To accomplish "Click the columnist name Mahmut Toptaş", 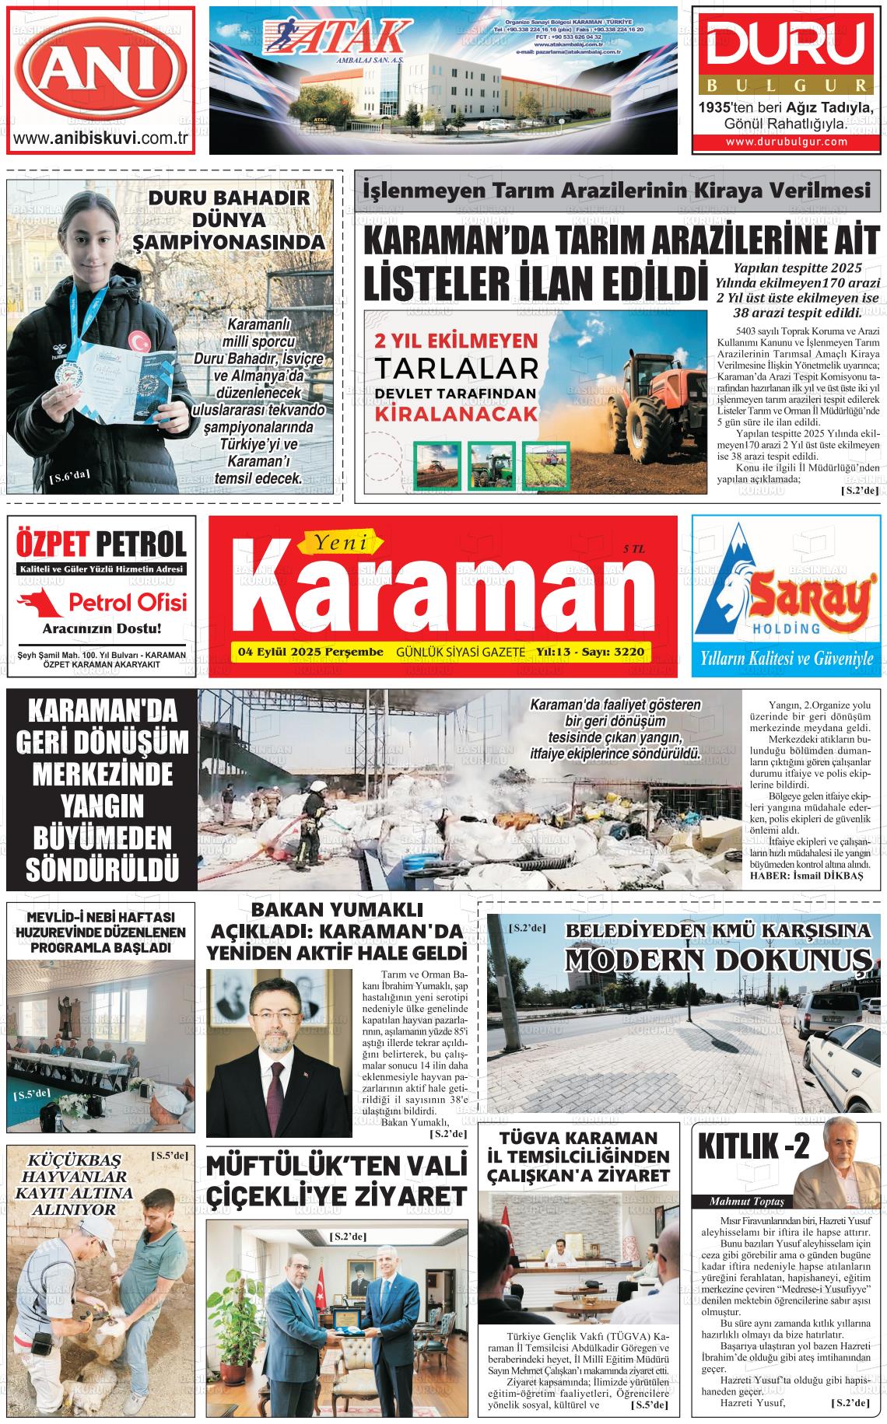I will (x=740, y=1202).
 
